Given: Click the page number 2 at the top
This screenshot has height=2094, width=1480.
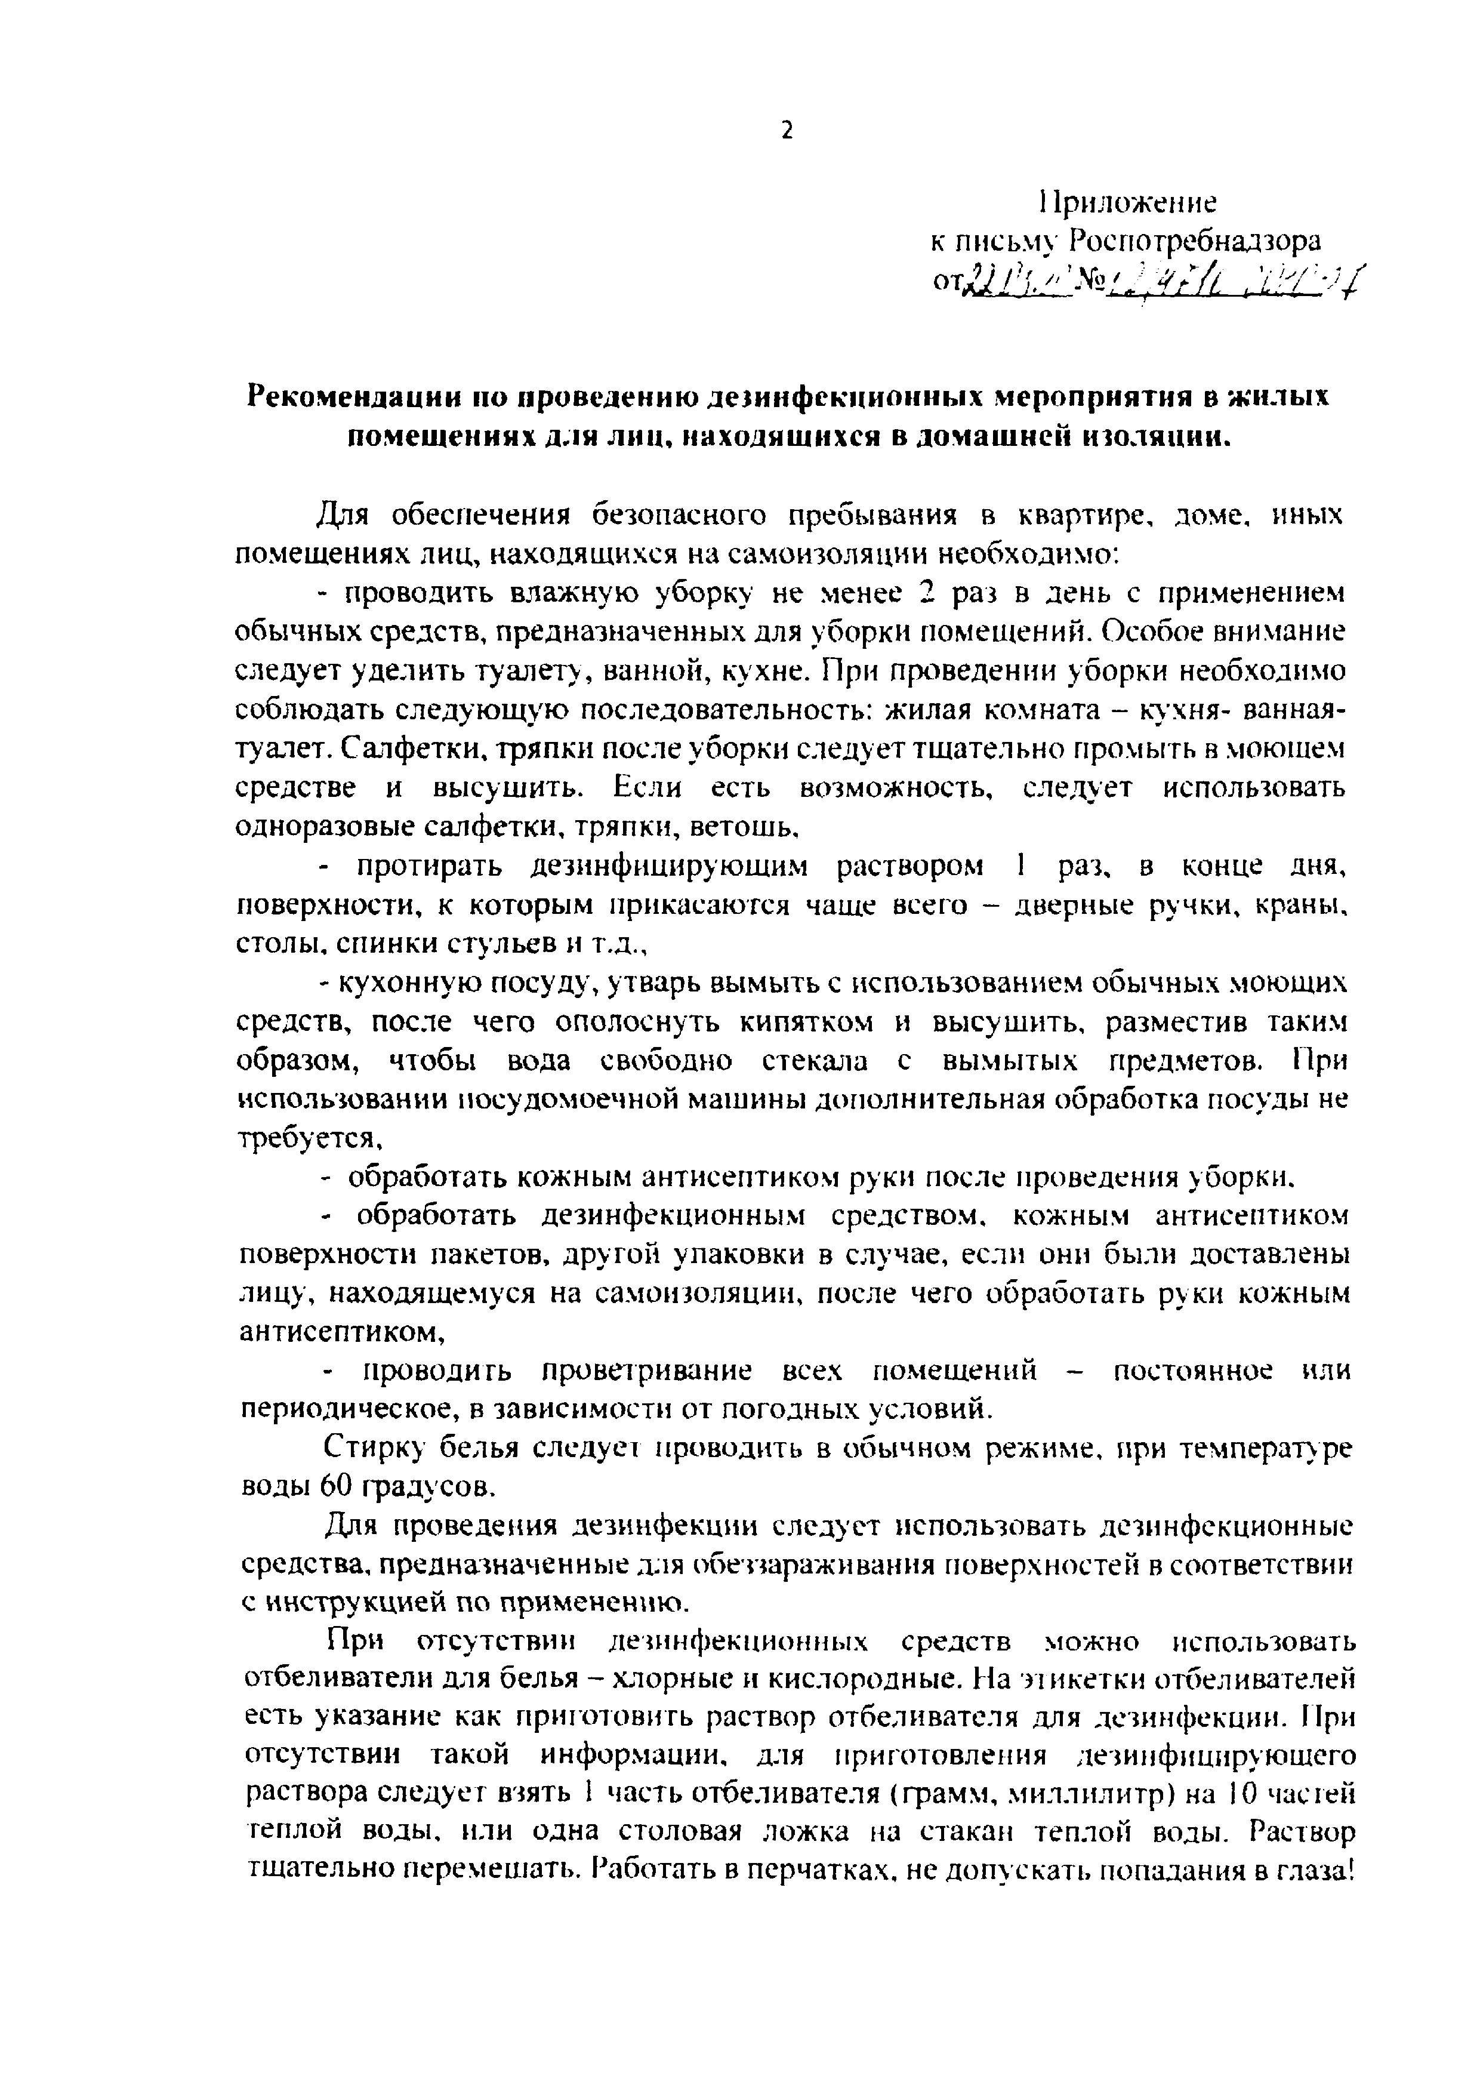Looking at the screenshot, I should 788,131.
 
